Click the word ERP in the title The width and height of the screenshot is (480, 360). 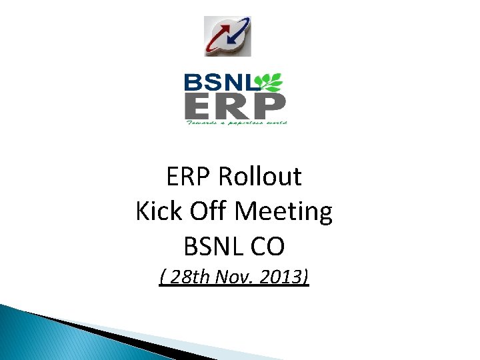tap(189, 177)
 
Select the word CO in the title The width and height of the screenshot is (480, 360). tap(267, 247)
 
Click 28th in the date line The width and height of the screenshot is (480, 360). tap(189, 276)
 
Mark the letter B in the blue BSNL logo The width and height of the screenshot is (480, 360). tap(192, 83)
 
